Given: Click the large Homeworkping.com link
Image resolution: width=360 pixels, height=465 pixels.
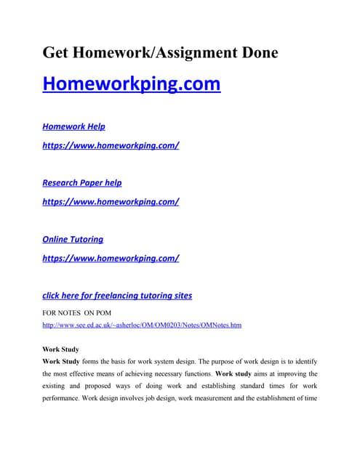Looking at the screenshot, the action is (131, 84).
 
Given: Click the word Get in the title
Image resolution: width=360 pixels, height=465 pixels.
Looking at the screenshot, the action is (57, 52).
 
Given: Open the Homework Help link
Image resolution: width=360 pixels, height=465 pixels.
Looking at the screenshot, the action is (73, 126).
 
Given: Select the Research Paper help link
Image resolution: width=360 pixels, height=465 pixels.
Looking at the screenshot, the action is (82, 183).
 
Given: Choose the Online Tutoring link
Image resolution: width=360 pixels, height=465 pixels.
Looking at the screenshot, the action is (73, 239).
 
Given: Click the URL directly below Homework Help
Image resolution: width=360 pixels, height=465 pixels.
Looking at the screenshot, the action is (111, 145).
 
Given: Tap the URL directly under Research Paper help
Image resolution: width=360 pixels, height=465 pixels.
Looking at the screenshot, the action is (111, 202).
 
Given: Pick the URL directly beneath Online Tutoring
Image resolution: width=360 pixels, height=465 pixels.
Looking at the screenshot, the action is (111, 258).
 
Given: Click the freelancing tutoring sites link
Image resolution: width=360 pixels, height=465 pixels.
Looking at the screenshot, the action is (117, 296).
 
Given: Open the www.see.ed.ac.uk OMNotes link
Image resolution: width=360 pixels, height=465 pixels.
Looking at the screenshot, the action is (142, 325).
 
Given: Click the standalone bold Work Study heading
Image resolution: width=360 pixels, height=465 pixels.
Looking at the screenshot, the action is (61, 349).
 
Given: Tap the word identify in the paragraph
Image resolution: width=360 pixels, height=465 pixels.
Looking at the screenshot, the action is (304, 361).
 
